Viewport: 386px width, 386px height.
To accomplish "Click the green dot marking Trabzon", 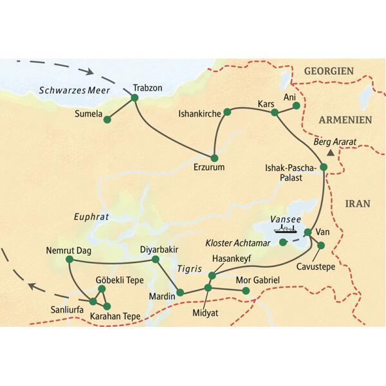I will (135, 98).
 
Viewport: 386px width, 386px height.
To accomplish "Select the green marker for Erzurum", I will (214, 158).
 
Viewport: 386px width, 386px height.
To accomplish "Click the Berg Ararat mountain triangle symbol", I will (330, 153).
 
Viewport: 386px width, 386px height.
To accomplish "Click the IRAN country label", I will (358, 203).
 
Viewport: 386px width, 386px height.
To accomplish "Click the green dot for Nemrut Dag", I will (69, 260).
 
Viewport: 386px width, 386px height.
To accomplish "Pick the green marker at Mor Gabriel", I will (245, 291).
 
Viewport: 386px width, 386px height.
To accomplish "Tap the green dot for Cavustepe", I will (321, 245).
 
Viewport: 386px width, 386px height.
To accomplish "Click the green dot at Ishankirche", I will (227, 113).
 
